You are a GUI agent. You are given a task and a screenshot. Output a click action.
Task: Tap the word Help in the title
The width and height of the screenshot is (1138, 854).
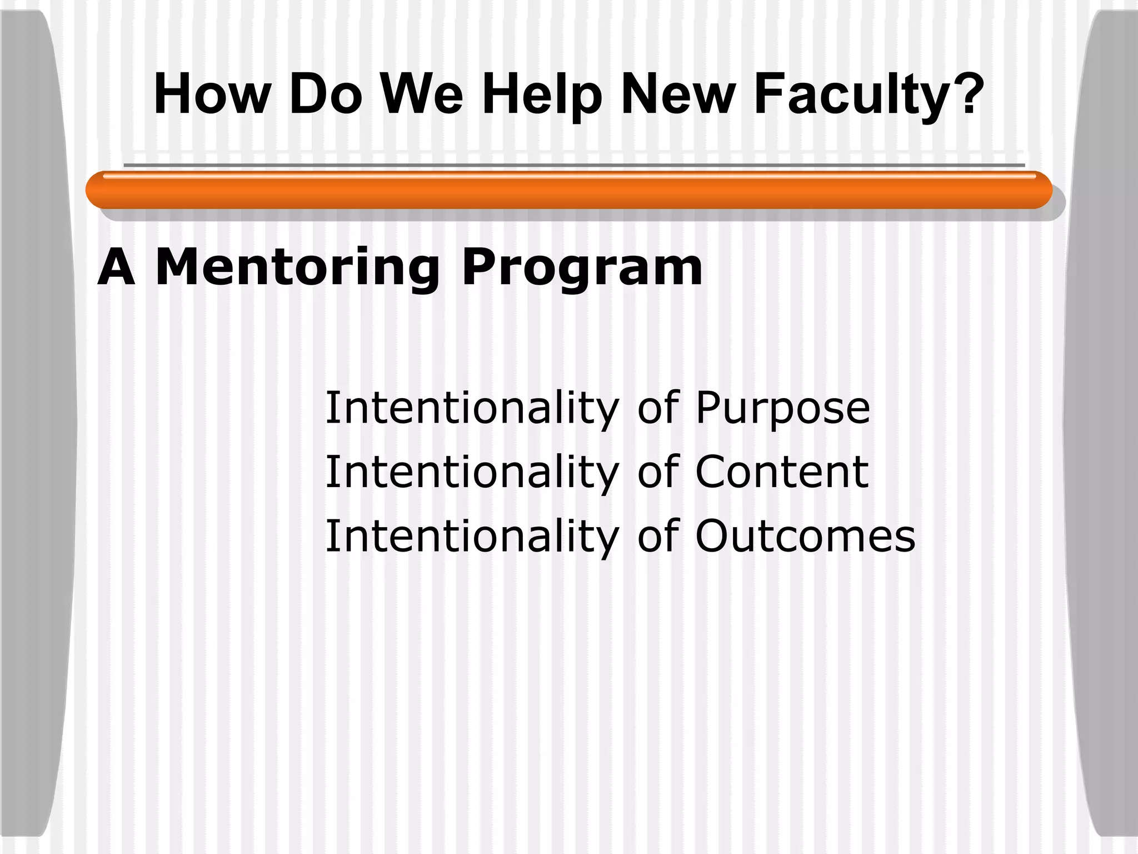click(x=542, y=96)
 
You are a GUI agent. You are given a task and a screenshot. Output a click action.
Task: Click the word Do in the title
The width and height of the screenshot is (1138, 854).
click(x=326, y=95)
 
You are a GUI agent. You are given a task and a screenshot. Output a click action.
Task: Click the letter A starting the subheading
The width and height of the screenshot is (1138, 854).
click(x=116, y=268)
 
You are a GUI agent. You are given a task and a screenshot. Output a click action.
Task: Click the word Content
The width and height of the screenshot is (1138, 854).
click(x=781, y=472)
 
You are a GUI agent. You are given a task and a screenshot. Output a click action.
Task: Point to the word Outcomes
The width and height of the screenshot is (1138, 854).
click(x=805, y=536)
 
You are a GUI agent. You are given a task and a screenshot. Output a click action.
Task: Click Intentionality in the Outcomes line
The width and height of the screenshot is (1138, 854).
click(x=471, y=537)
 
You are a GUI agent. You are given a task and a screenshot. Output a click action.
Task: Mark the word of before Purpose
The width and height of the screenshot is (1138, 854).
click(x=658, y=408)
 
